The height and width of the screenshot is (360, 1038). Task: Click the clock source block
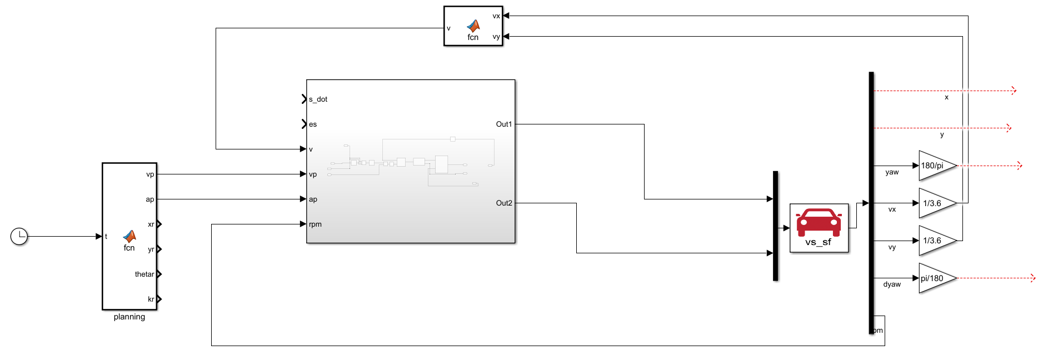(19, 236)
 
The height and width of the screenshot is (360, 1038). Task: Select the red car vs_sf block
(819, 228)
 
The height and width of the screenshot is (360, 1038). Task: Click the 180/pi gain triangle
(935, 166)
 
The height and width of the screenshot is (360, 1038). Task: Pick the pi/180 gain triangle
(935, 278)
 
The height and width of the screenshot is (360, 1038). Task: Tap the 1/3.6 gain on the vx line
(935, 203)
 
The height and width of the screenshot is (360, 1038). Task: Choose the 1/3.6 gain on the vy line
(935, 241)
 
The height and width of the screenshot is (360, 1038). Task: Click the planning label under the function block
(129, 317)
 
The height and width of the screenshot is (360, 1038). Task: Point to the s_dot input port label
(318, 99)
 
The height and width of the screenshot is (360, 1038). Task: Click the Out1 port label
(503, 124)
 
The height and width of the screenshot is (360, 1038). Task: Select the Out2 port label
(503, 203)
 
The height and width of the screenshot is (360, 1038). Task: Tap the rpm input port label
(315, 224)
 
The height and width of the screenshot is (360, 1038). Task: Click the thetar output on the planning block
(144, 274)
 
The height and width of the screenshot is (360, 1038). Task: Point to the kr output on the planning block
(151, 299)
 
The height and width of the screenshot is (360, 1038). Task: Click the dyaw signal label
(892, 284)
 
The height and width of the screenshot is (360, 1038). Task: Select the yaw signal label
(892, 172)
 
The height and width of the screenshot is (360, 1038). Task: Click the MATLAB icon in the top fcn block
(473, 26)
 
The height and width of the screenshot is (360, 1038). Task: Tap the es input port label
(313, 124)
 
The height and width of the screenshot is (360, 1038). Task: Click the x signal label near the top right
(946, 97)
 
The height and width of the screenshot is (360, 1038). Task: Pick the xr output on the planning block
(151, 224)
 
